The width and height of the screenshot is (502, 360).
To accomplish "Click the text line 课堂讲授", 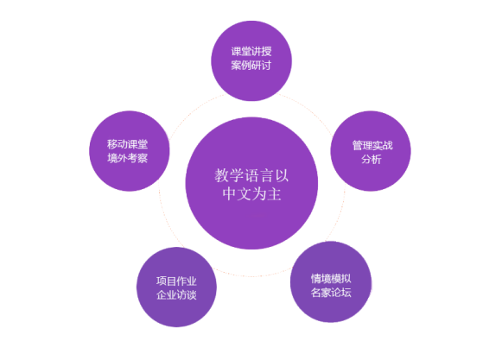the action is (251, 52).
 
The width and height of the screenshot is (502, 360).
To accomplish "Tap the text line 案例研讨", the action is (251, 66).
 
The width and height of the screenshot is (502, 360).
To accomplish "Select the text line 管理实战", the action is (372, 145).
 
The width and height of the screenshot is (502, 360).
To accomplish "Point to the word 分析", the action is (372, 159).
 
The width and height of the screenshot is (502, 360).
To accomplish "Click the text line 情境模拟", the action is (331, 279).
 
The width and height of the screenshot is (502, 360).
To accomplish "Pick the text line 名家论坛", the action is (331, 293).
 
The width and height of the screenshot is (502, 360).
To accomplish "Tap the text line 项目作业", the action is (176, 281).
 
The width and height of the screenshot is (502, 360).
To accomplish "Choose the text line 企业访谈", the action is (176, 295).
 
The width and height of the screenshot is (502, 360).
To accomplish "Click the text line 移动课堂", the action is (127, 144).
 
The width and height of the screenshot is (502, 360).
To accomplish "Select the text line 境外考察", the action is (127, 158).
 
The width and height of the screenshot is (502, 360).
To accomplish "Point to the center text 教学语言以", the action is (251, 175).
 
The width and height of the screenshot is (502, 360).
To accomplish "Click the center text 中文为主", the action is (252, 194).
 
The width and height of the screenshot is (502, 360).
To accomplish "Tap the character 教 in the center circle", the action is (221, 175).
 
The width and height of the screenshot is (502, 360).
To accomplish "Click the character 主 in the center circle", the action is (275, 194).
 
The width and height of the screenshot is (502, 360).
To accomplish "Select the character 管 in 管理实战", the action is (358, 145).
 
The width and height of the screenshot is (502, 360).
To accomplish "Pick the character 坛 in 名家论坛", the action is (346, 293).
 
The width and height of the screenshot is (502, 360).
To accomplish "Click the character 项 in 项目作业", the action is (162, 281).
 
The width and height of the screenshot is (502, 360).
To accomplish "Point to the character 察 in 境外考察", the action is (143, 158).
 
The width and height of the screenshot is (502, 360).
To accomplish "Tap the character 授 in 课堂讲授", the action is (267, 52).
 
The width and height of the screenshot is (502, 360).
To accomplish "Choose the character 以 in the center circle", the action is (282, 175).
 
